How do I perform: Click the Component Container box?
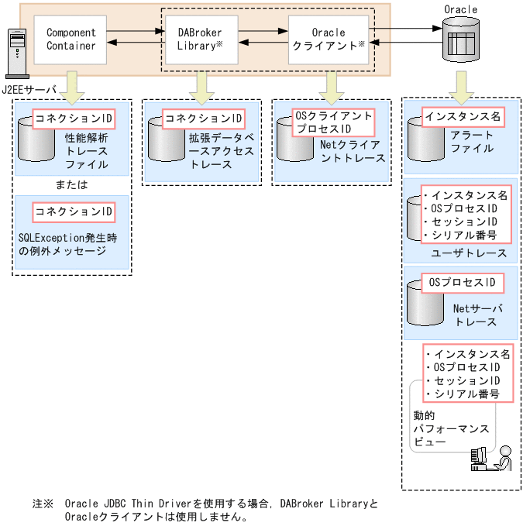point(71,40)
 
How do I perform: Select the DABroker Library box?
point(198,40)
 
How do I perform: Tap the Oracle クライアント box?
point(329,40)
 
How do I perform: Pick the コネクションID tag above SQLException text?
point(74,211)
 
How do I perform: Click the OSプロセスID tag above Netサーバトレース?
point(462,283)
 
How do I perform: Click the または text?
point(71,185)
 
